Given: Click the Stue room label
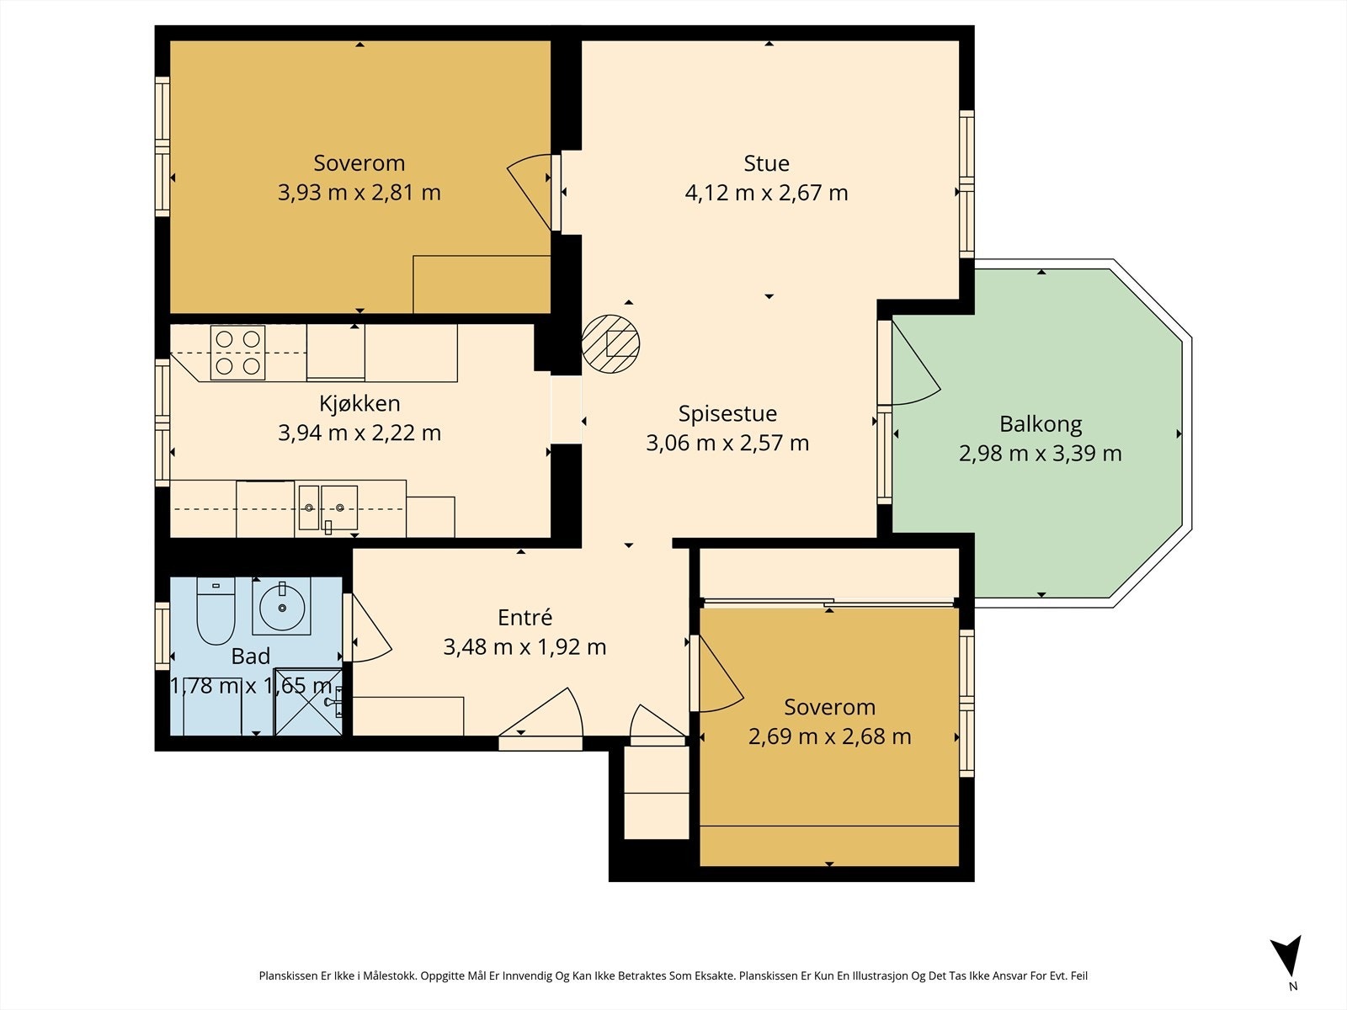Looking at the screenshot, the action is pyautogui.click(x=766, y=163).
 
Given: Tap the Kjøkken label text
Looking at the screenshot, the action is pyautogui.click(x=359, y=403).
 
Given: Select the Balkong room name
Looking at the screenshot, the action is pyautogui.click(x=1041, y=423).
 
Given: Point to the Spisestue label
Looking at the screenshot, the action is pyautogui.click(x=727, y=413).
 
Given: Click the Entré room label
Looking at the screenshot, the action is pyautogui.click(x=524, y=617).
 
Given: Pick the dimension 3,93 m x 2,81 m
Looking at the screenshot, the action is pyautogui.click(x=359, y=193).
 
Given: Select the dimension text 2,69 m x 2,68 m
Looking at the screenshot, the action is pyautogui.click(x=829, y=736).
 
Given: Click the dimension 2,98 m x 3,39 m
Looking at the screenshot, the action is pyautogui.click(x=1041, y=454).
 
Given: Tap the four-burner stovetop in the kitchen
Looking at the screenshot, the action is pyautogui.click(x=238, y=353).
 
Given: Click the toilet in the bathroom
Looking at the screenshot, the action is pyautogui.click(x=216, y=611).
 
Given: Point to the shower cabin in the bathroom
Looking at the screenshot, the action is pyautogui.click(x=308, y=702).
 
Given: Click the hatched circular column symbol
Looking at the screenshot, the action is pyautogui.click(x=610, y=344).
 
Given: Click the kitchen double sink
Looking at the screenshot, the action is pyautogui.click(x=327, y=508).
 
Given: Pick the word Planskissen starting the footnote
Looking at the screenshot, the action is pyautogui.click(x=289, y=976).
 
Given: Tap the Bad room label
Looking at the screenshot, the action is pyautogui.click(x=250, y=656).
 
